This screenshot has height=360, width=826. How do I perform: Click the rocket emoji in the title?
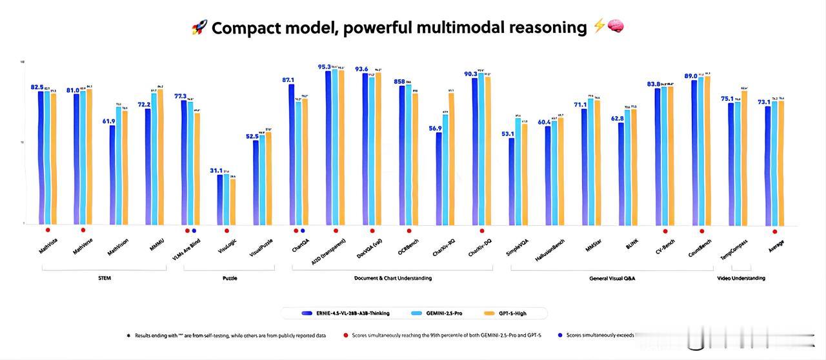[199, 28]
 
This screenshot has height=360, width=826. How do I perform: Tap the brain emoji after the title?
[616, 27]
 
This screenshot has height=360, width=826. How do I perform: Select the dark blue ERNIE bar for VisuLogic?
[220, 199]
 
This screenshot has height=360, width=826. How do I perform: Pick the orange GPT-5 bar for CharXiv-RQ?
[451, 159]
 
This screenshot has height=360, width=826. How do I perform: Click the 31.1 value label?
[216, 170]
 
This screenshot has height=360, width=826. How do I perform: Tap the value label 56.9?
[435, 128]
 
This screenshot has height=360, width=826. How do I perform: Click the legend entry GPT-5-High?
[512, 314]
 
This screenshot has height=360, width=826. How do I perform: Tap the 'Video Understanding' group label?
[741, 278]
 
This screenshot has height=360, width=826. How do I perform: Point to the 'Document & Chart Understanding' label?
[393, 278]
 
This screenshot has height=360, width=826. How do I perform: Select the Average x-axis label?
[776, 245]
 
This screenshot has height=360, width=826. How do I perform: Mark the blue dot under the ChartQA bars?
[303, 230]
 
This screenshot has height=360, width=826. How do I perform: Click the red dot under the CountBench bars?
[702, 230]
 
